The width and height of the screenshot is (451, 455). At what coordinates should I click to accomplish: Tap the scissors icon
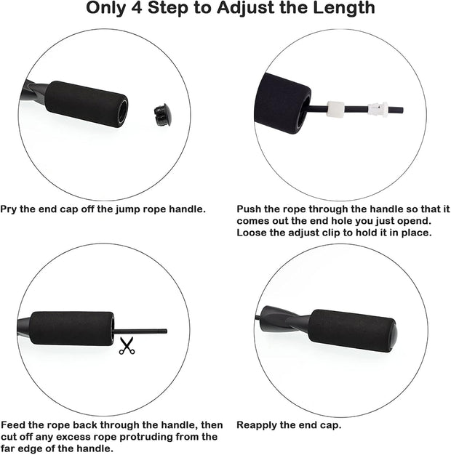[127, 346]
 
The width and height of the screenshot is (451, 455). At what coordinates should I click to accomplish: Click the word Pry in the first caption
[9, 209]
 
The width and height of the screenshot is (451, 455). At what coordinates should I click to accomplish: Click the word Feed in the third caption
[12, 425]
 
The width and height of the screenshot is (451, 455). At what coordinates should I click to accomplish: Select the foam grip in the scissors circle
[71, 329]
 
